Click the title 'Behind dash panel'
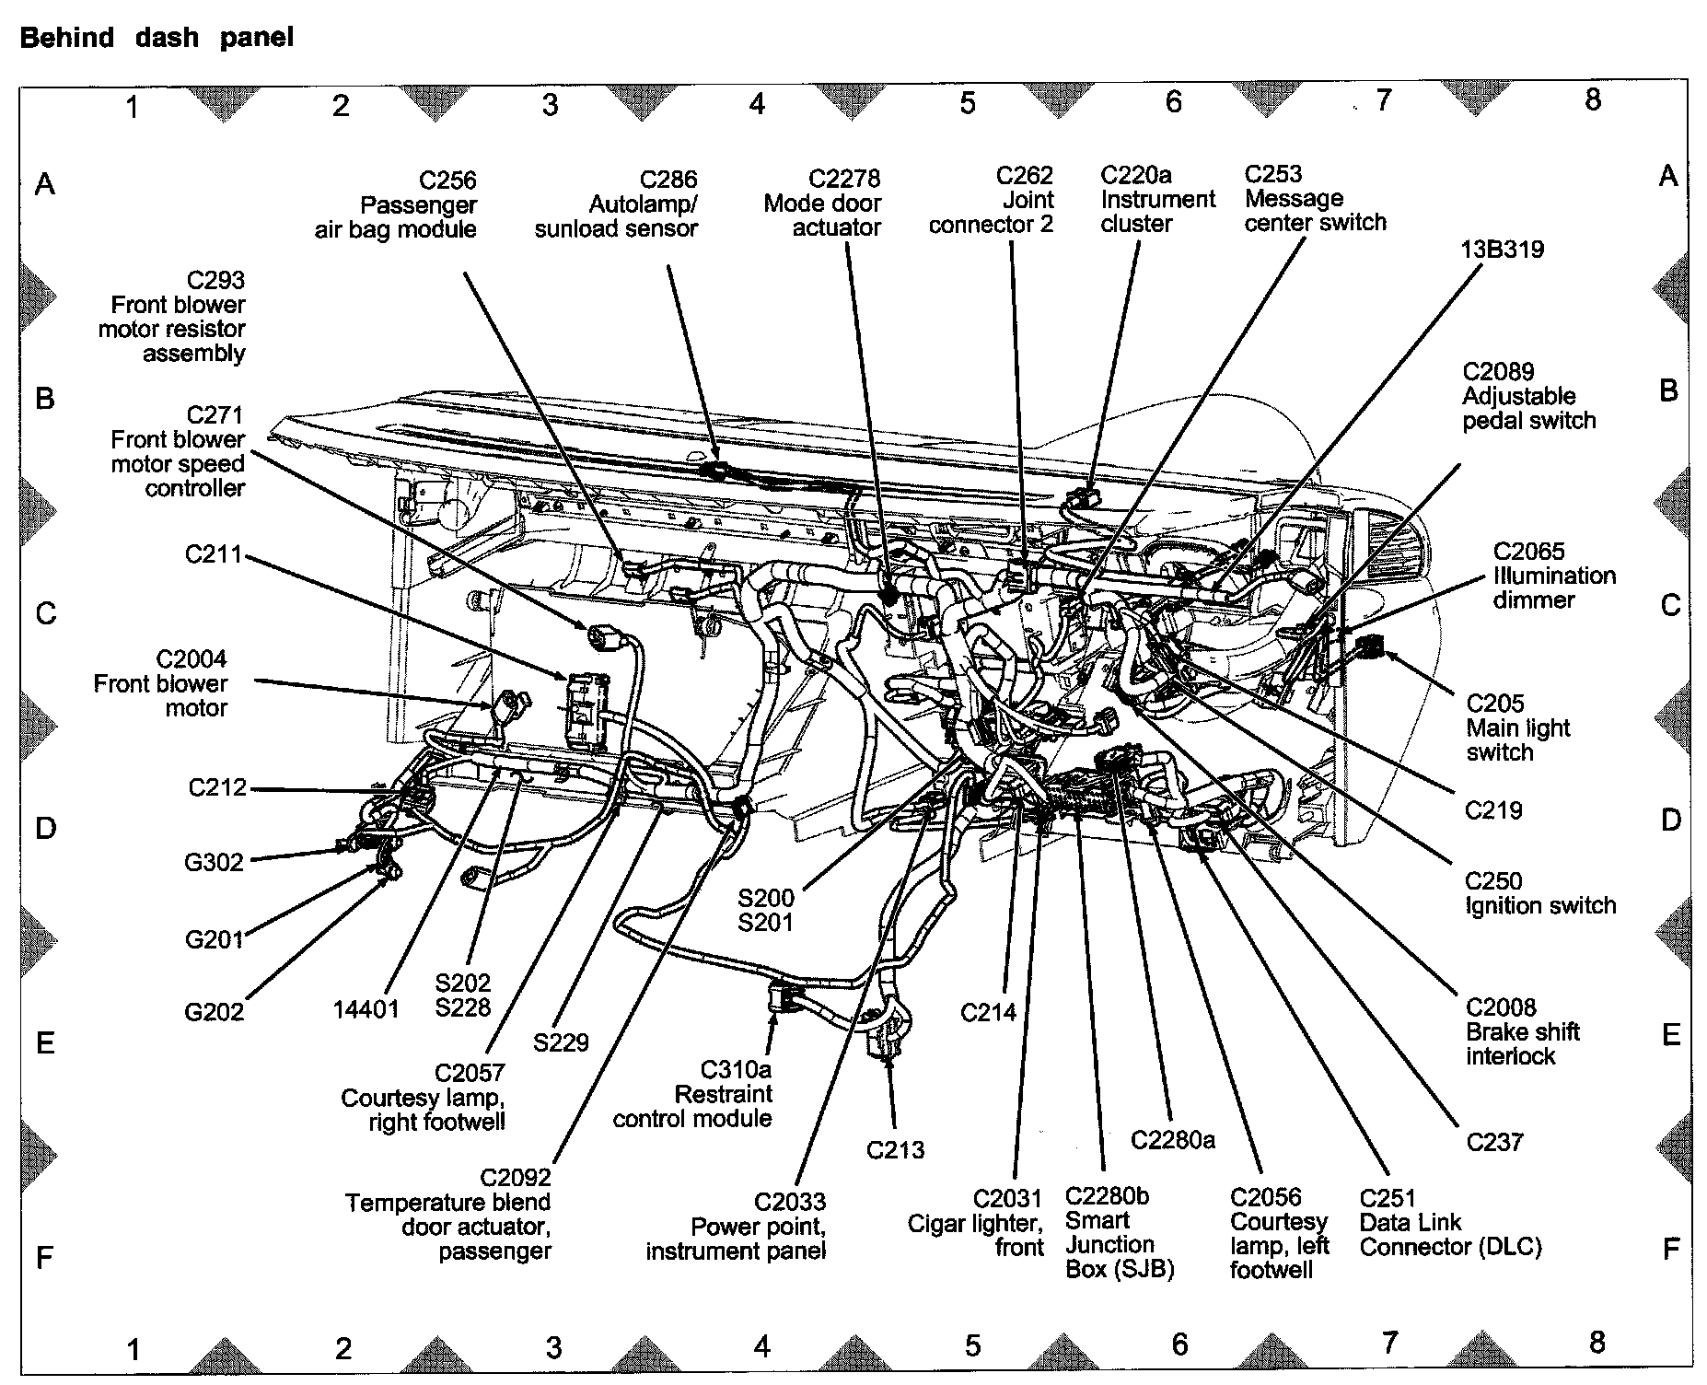[x=157, y=38]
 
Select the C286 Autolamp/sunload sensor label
[x=616, y=204]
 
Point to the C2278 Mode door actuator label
[x=822, y=203]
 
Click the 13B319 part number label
[x=1502, y=250]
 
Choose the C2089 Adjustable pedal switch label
[x=1528, y=396]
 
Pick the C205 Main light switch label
[x=1517, y=727]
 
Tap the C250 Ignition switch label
[x=1539, y=893]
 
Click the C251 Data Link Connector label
[x=1450, y=1222]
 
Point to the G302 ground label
[x=214, y=862]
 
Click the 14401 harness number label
[x=366, y=1009]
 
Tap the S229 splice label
[x=560, y=1042]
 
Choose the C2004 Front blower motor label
[x=161, y=683]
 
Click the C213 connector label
[x=895, y=1149]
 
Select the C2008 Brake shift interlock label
[x=1522, y=1031]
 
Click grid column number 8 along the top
[x=1593, y=99]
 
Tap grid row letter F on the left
[x=44, y=1257]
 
